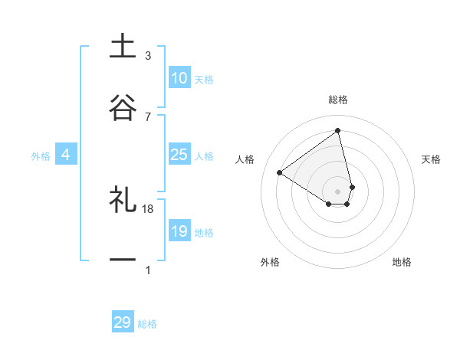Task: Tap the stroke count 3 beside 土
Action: (148, 56)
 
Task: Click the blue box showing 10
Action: (179, 78)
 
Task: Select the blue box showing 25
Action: (179, 155)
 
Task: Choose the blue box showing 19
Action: (179, 231)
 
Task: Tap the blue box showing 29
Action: (123, 322)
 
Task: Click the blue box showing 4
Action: (66, 155)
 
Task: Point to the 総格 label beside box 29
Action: (147, 324)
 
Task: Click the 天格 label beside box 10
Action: (204, 80)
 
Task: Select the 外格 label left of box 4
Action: (41, 156)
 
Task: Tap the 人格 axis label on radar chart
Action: (245, 159)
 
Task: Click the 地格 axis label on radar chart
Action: (402, 262)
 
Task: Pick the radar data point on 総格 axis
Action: (337, 131)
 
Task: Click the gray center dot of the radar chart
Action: (337, 191)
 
